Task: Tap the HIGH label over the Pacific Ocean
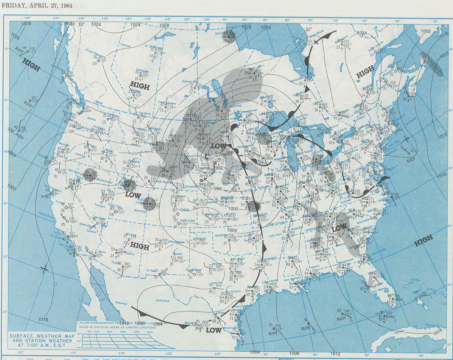click(31, 65)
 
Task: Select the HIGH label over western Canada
click(140, 86)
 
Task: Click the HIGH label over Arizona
click(139, 246)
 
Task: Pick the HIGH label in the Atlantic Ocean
click(423, 240)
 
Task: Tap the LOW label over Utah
click(133, 194)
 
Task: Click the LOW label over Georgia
click(340, 228)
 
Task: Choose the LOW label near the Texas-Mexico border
click(214, 330)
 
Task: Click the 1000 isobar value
click(234, 209)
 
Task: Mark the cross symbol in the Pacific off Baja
click(44, 269)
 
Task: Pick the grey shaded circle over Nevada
click(90, 174)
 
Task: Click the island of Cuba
click(407, 338)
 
